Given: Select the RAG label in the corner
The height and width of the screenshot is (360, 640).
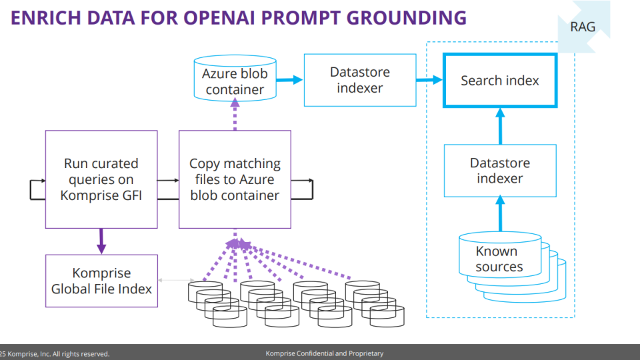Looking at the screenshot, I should tap(583, 27).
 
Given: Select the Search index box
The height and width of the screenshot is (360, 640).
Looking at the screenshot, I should tap(500, 81).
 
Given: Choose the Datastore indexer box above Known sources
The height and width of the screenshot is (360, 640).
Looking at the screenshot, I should tap(500, 171).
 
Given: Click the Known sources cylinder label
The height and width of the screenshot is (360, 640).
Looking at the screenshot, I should tap(499, 259).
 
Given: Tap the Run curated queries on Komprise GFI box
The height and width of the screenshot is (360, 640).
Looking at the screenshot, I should tap(101, 179).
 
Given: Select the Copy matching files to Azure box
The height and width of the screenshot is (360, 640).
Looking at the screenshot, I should tap(235, 179).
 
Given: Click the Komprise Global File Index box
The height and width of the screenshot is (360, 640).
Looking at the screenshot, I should tap(101, 281).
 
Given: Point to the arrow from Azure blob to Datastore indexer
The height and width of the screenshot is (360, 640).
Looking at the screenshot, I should tap(290, 80).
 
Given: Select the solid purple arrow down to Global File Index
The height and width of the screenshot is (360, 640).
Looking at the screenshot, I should tap(101, 241).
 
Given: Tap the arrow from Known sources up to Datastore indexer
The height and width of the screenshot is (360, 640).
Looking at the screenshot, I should tap(500, 214).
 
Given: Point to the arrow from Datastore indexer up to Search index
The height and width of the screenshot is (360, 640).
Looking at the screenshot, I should tap(500, 126).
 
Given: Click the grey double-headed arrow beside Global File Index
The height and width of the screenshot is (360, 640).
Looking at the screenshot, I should tap(173, 281).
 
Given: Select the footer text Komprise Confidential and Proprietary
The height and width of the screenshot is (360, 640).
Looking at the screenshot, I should tap(324, 354).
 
